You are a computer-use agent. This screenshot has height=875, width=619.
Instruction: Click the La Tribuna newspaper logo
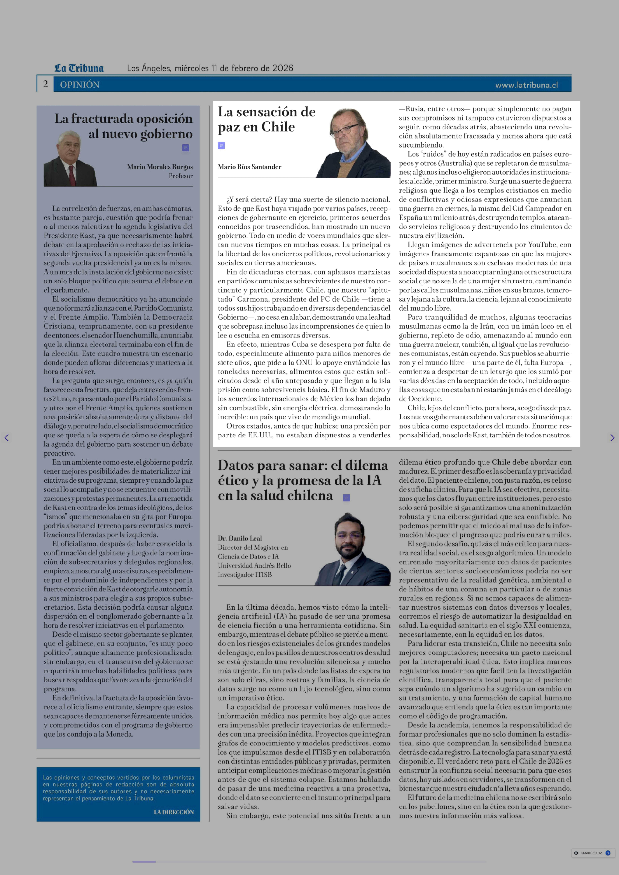tap(79, 68)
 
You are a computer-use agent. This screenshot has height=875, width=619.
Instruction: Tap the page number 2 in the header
tap(45, 84)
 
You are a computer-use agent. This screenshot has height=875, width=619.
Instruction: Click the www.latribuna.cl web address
tap(526, 85)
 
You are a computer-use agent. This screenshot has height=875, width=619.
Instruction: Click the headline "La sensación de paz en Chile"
tap(266, 119)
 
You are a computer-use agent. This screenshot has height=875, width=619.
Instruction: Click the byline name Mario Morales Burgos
tap(160, 167)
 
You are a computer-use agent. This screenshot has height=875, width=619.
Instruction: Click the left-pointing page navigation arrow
tap(6, 438)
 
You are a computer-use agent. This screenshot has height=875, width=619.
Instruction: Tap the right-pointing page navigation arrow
tap(612, 438)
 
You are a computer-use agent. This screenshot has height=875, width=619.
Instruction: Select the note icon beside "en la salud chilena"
tap(347, 498)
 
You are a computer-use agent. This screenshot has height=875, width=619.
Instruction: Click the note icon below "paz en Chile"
tap(221, 145)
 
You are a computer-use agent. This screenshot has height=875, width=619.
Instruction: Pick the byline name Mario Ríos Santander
tap(249, 167)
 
